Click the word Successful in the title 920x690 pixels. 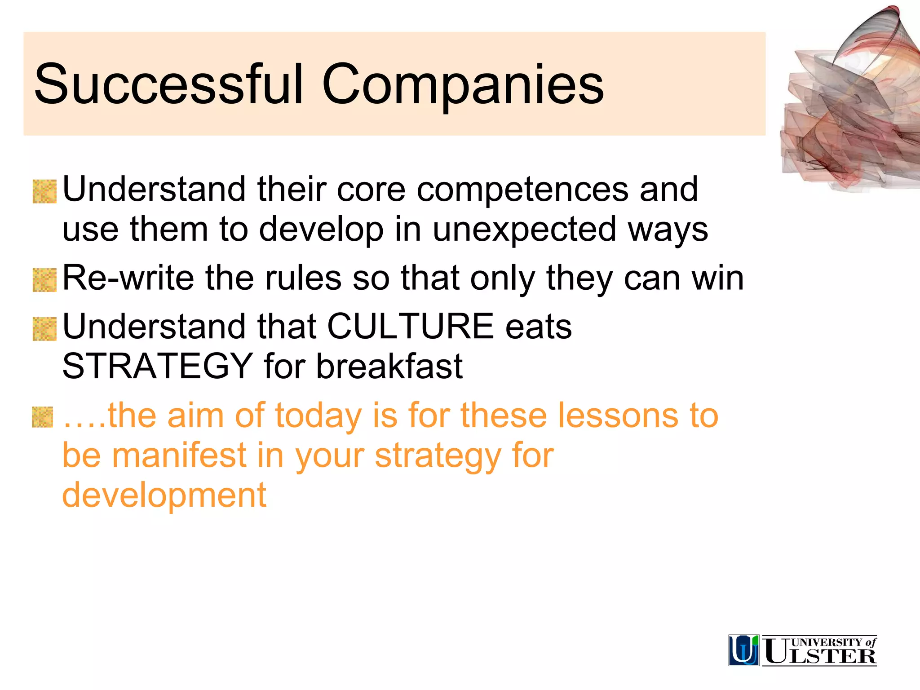pyautogui.click(x=168, y=84)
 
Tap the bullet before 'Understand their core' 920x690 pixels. pyautogui.click(x=44, y=191)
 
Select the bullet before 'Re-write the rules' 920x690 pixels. pyautogui.click(x=44, y=280)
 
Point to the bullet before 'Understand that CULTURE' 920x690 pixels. pyautogui.click(x=44, y=329)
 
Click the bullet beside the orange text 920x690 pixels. pyautogui.click(x=43, y=417)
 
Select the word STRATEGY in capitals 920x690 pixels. pyautogui.click(x=157, y=366)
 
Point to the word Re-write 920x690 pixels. pyautogui.click(x=128, y=278)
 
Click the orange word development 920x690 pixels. pyautogui.click(x=164, y=495)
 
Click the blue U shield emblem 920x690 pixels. pyautogui.click(x=743, y=650)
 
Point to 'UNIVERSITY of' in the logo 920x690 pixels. pyautogui.click(x=833, y=642)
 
